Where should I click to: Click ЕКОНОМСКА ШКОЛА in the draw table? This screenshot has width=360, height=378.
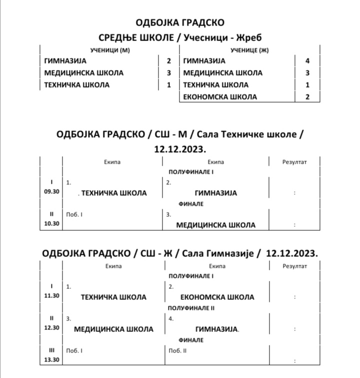(x=220, y=97)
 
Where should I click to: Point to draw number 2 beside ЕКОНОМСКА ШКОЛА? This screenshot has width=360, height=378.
(x=307, y=97)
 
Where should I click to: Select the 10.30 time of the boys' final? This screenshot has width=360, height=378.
(x=51, y=224)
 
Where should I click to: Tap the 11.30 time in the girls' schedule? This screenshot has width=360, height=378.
(x=51, y=296)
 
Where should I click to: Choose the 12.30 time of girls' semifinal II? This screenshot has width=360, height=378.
(x=51, y=328)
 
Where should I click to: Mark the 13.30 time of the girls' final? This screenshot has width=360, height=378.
(x=51, y=359)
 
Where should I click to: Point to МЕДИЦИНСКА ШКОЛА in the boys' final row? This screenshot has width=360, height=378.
(x=215, y=225)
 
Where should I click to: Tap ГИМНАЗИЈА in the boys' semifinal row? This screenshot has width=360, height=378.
(x=215, y=193)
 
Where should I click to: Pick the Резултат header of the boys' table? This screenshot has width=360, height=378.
(x=294, y=162)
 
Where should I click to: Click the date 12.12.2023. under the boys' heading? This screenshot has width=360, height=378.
(x=180, y=149)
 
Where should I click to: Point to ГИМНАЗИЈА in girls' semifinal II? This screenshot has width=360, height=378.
(x=216, y=329)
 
